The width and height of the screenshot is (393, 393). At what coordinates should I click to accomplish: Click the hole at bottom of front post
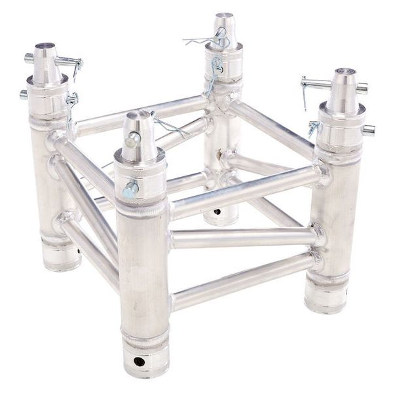139,361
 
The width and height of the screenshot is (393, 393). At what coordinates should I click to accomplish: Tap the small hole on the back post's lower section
217,211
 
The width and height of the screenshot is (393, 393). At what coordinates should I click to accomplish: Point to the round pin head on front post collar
130,189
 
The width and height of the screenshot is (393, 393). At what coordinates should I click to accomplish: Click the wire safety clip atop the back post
203,41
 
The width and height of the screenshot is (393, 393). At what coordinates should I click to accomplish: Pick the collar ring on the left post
47,89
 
